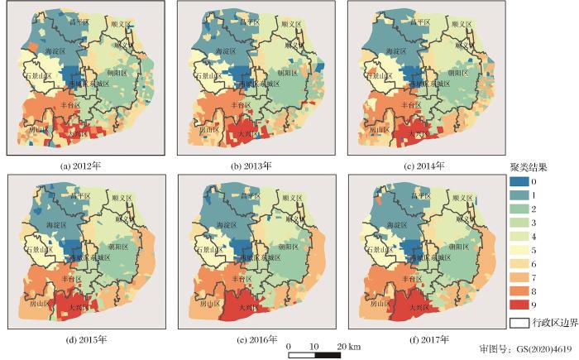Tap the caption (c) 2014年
click(x=422, y=166)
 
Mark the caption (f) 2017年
click(x=422, y=339)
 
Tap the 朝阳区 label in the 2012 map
click(x=117, y=73)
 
